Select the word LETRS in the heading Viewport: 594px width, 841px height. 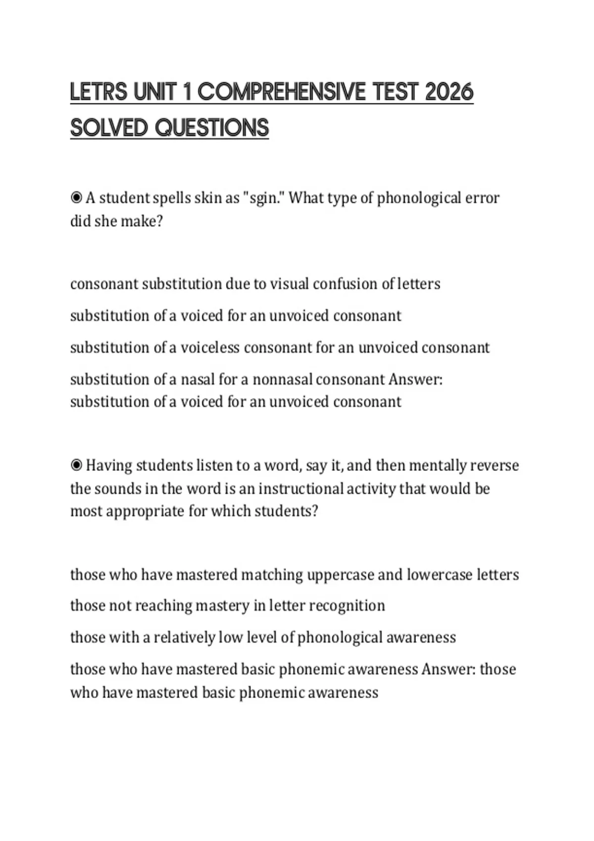pyautogui.click(x=99, y=92)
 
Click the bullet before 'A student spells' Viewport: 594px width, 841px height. pyautogui.click(x=76, y=198)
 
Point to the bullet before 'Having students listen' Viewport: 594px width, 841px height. pyautogui.click(x=76, y=466)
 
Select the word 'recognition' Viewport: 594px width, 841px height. pyautogui.click(x=347, y=606)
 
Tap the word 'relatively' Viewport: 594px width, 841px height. pyautogui.click(x=184, y=637)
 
